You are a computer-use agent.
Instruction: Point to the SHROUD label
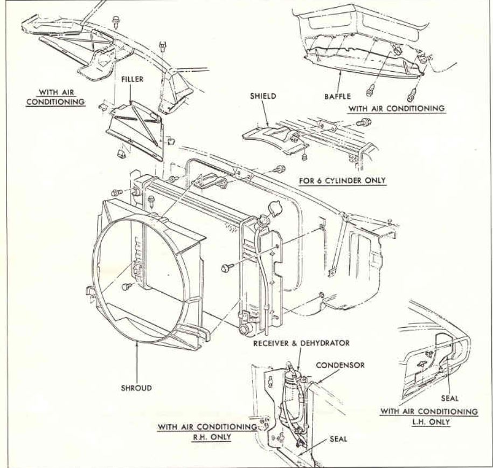pos(136,388)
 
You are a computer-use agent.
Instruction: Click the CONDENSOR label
pos(341,365)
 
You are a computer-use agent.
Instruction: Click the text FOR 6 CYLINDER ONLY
pos(343,180)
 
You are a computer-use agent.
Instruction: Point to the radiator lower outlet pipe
pos(246,328)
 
